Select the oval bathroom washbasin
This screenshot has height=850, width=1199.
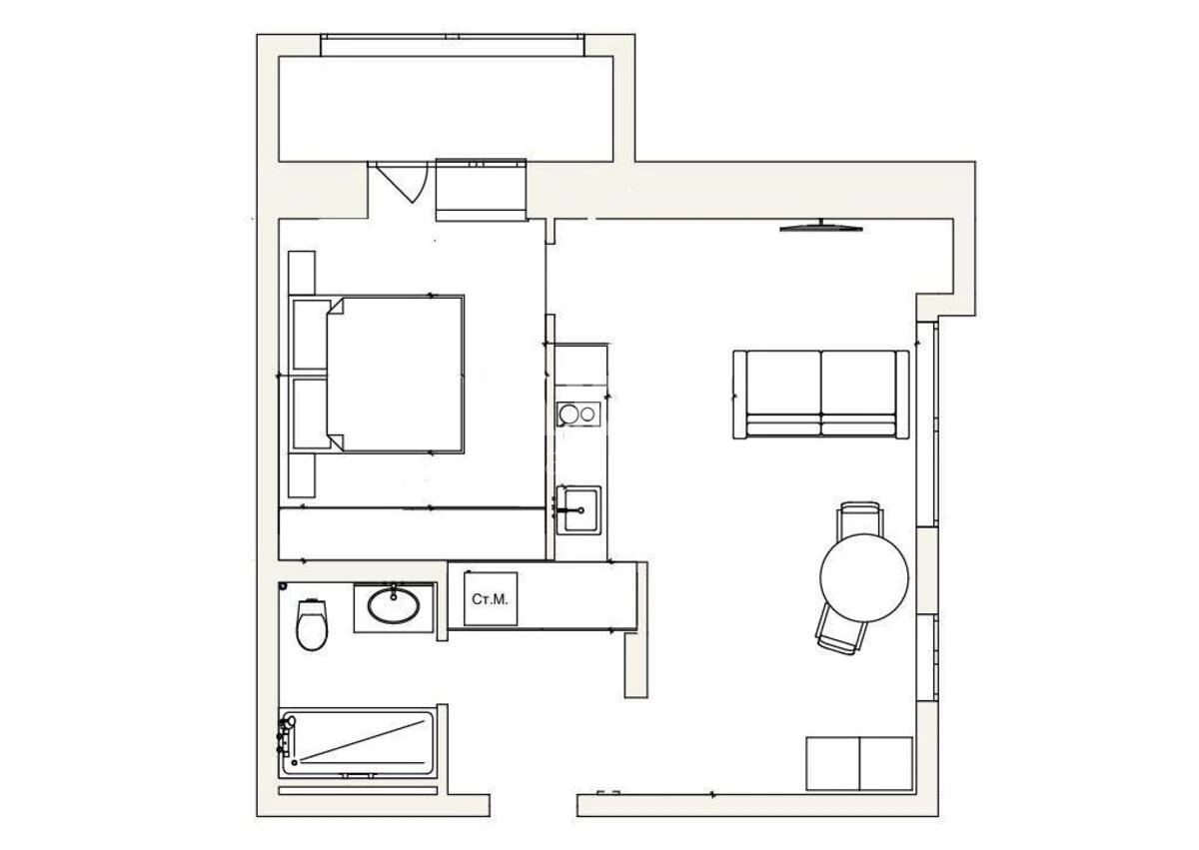pyautogui.click(x=394, y=604)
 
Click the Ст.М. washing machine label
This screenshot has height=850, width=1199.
pyautogui.click(x=490, y=599)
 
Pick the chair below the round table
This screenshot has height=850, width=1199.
pyautogui.click(x=842, y=629)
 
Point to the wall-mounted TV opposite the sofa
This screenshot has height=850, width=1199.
pyautogui.click(x=821, y=226)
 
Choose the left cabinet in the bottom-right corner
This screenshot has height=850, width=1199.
pyautogui.click(x=833, y=763)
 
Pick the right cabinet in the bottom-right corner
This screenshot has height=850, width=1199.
pyautogui.click(x=886, y=763)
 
